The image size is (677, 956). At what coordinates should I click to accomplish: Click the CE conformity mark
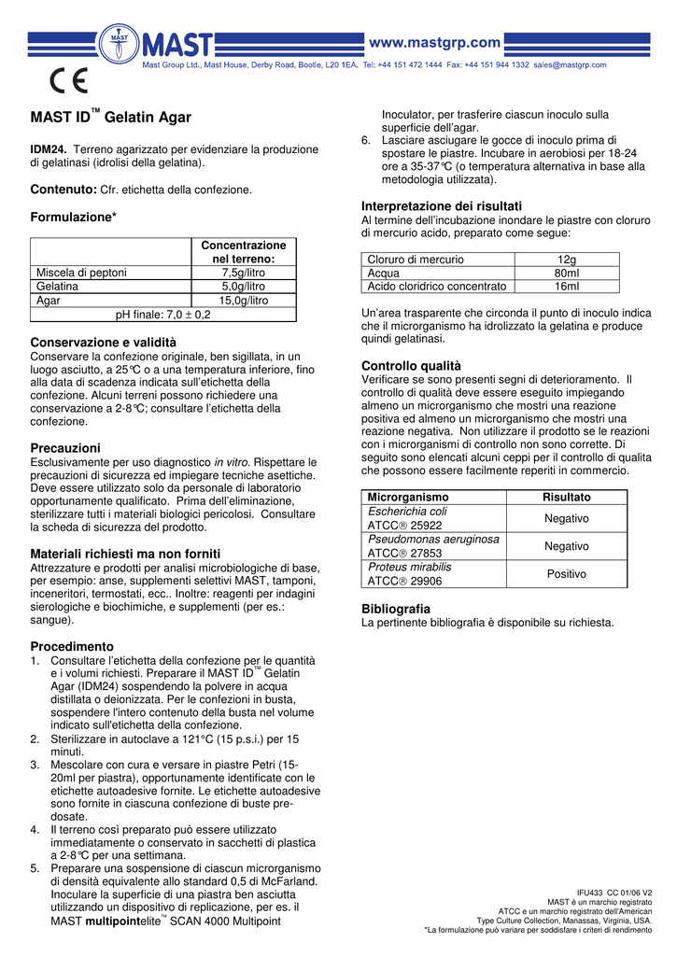tap(68, 81)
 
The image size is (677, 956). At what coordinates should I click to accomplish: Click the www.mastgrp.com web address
tap(436, 42)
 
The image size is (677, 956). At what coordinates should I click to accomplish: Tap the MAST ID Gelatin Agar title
tap(111, 118)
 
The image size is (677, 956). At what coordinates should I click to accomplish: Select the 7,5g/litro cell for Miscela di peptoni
tap(244, 273)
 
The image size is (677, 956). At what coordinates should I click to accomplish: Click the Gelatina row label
tap(57, 287)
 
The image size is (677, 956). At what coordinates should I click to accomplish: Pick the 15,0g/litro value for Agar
tap(244, 301)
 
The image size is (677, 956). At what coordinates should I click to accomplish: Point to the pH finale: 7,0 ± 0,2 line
tap(162, 315)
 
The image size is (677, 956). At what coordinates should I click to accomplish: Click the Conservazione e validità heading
tap(103, 343)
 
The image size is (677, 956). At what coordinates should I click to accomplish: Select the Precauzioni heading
tap(65, 448)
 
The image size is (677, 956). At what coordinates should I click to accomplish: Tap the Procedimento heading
tap(72, 646)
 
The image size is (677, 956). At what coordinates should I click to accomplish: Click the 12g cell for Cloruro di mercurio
tap(566, 260)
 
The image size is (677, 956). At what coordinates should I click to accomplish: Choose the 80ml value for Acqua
tap(566, 274)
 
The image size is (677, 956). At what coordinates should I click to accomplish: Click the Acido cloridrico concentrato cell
tap(437, 287)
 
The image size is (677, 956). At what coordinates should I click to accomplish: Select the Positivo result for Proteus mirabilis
tap(567, 574)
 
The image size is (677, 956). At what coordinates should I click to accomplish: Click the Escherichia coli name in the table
tap(407, 512)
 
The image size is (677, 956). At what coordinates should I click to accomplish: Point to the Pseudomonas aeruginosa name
tap(433, 540)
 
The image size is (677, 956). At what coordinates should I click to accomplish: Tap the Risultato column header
tap(567, 498)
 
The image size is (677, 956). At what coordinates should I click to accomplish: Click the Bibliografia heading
tap(396, 609)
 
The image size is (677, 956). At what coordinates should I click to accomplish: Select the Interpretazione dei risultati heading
tap(441, 205)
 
